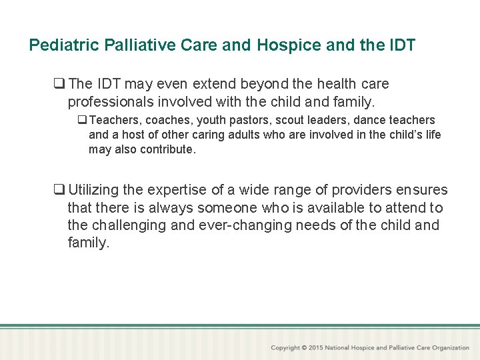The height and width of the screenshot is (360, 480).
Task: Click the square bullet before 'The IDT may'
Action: pos(60,84)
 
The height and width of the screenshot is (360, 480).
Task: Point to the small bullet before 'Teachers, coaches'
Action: pos(82,121)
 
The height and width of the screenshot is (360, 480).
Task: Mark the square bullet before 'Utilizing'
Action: pos(60,191)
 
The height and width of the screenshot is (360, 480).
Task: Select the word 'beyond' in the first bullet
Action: pos(265,84)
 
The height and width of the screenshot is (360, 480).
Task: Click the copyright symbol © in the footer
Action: pos(304,348)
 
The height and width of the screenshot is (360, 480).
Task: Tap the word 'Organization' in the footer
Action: pos(450,348)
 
